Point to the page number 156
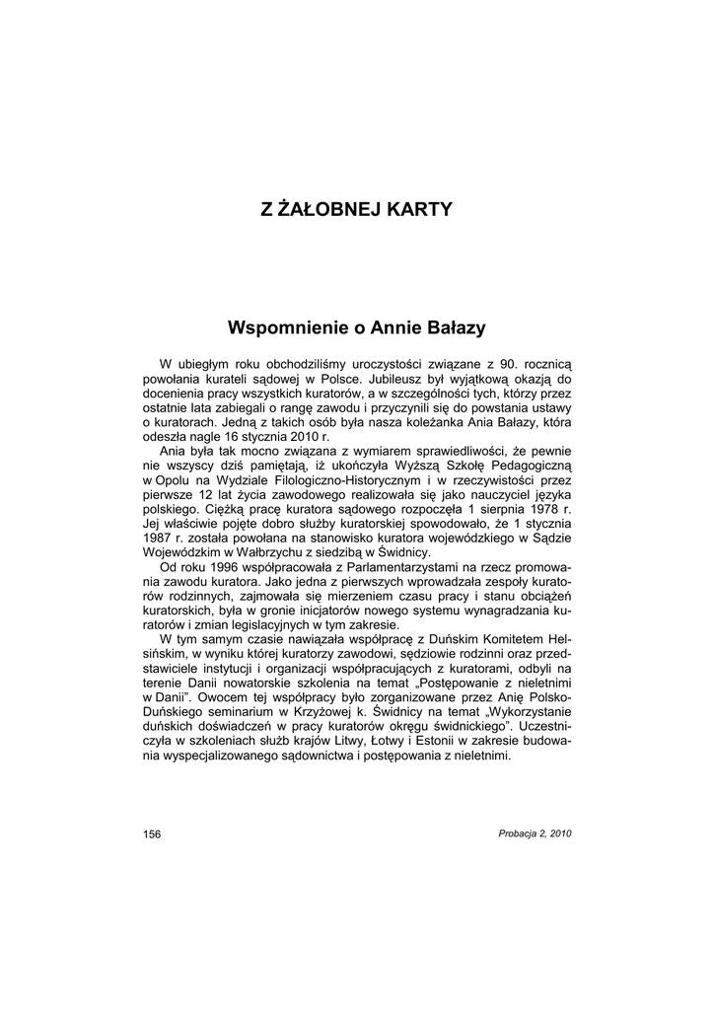[x=152, y=833]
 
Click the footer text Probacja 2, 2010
[x=535, y=833]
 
